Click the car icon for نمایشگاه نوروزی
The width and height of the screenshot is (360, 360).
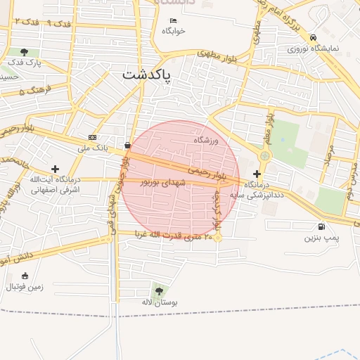coord(313,38)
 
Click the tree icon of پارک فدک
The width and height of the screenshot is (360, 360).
coord(25,52)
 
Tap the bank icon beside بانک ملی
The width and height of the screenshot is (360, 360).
coord(92,137)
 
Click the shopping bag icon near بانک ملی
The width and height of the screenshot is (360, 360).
coord(127,146)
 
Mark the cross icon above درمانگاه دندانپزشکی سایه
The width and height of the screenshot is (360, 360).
coord(257,173)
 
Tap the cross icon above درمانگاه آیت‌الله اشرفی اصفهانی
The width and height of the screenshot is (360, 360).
coord(55,169)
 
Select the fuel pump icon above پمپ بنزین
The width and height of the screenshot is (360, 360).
coord(322,226)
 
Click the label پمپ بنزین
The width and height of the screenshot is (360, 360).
coord(321,238)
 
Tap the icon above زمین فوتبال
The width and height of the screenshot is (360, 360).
coord(25,276)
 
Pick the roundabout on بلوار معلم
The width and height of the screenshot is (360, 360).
coord(264,156)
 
